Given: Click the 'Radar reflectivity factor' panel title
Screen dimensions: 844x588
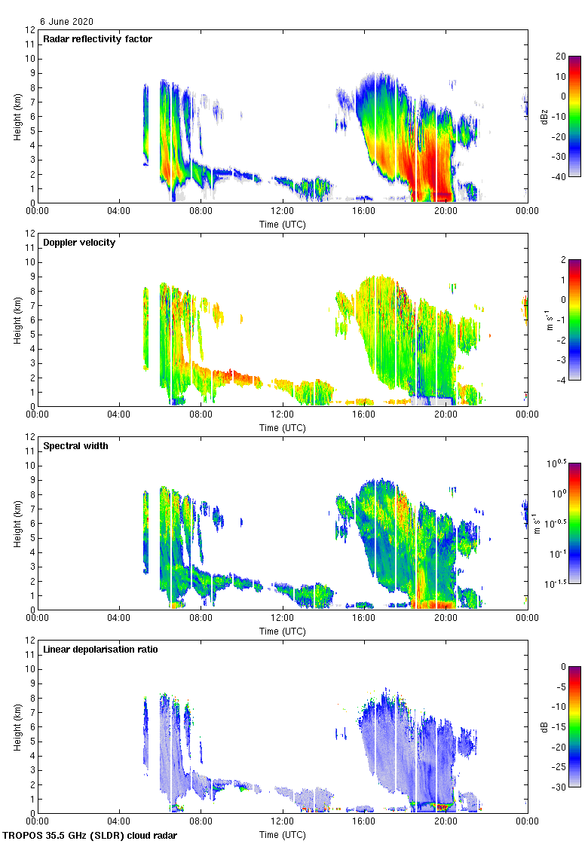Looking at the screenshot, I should (x=97, y=39).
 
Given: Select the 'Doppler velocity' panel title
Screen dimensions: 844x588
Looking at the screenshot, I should (x=79, y=243).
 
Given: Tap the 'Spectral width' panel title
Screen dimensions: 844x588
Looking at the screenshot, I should (x=76, y=446).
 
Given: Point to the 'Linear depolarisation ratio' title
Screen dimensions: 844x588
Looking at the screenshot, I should (x=100, y=650).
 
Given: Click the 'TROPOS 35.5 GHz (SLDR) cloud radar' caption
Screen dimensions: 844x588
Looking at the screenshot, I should (x=90, y=836).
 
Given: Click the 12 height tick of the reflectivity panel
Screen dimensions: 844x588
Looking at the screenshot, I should (x=31, y=30).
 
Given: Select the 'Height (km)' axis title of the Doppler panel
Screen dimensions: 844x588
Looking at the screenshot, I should (x=17, y=320).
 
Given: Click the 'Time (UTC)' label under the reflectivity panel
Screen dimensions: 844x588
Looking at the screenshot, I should (x=283, y=225).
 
